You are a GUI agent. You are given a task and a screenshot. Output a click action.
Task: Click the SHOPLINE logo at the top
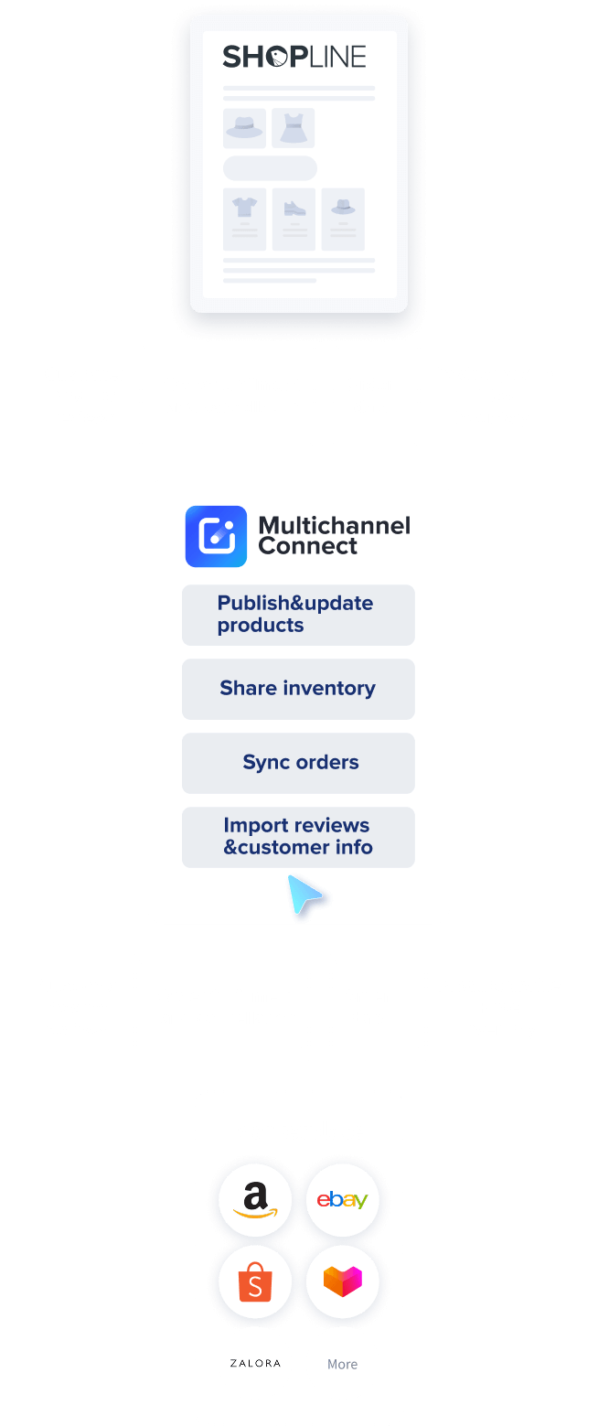(x=294, y=57)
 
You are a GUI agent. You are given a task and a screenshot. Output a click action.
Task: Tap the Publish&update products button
(x=298, y=615)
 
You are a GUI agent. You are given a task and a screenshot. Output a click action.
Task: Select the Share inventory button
(x=298, y=689)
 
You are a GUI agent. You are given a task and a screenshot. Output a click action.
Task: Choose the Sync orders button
(x=298, y=763)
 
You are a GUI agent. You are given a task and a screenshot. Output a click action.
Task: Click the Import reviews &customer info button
(x=298, y=837)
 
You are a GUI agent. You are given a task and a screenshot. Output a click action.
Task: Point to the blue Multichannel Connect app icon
(x=216, y=536)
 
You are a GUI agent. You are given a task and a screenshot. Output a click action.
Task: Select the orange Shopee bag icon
(x=255, y=1281)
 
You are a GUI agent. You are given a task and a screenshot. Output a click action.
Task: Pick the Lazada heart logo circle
(x=342, y=1281)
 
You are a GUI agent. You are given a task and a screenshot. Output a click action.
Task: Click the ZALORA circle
(x=255, y=1363)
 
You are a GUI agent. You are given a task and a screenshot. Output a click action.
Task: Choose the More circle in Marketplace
(x=342, y=1364)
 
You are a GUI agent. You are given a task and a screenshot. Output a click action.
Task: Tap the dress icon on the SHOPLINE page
(x=293, y=128)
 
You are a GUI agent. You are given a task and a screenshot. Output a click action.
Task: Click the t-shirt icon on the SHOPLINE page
(x=244, y=208)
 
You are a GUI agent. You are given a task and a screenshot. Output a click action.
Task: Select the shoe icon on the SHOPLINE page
(x=294, y=208)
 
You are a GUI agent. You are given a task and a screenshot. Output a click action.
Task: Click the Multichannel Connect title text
(x=334, y=536)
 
